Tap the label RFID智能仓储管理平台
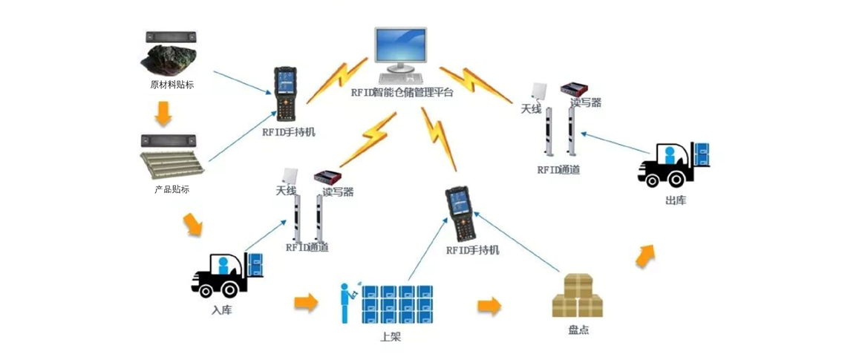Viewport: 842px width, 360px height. [402, 92]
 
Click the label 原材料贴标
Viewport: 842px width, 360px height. [172, 85]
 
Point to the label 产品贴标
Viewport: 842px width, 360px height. [172, 189]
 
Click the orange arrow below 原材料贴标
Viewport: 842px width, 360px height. [163, 113]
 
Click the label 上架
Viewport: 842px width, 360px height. [391, 337]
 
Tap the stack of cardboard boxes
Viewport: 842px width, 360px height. [577, 296]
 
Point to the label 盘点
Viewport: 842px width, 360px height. [578, 330]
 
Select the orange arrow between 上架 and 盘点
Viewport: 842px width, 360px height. [488, 305]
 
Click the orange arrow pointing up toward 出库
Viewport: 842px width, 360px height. [644, 255]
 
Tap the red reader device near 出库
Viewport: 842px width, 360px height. [574, 88]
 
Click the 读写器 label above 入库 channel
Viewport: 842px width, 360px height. [338, 192]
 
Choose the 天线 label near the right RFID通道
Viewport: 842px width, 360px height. [530, 109]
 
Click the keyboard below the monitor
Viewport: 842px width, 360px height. [401, 77]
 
